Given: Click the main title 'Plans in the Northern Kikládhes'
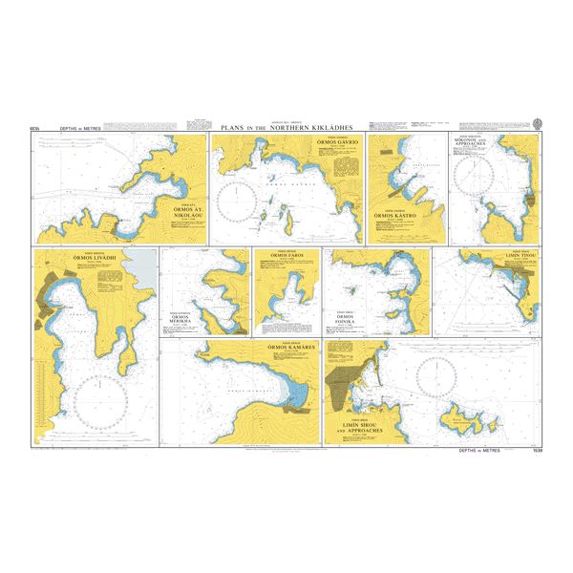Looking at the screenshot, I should point(286,127).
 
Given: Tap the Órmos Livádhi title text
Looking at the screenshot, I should point(89,259).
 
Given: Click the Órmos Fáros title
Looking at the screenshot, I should point(286,256).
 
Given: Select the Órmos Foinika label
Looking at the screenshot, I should point(345,320).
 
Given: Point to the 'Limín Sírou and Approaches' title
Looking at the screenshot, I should point(358,429).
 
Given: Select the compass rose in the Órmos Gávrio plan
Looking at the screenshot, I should point(237,202).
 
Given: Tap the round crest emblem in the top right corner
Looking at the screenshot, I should point(538,123).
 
